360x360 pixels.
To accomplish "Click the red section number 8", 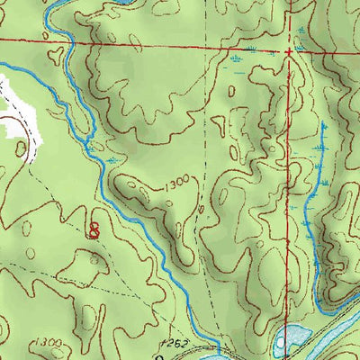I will (94, 229).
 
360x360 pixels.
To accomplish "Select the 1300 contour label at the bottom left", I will (51, 344).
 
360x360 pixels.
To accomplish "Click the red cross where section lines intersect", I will (290, 52).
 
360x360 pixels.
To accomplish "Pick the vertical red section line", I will (291, 180).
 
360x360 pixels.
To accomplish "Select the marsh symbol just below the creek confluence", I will (110, 160).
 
